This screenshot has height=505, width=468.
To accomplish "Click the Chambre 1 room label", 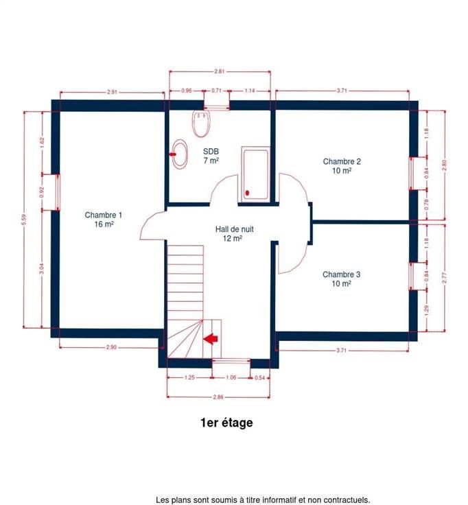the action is [104, 220].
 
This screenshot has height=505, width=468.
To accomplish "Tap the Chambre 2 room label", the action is [342, 166].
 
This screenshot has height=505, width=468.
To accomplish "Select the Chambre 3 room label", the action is [342, 279].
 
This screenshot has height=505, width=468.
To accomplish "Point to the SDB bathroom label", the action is [211, 156].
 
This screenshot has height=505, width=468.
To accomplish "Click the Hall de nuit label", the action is [234, 234].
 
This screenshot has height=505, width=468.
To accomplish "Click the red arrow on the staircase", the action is [211, 338].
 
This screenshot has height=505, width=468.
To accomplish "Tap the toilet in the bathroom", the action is [202, 124].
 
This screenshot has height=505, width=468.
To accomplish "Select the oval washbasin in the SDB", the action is [179, 154].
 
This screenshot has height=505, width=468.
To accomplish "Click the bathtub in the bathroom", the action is [255, 174].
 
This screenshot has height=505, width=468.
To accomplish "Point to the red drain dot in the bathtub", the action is [247, 193].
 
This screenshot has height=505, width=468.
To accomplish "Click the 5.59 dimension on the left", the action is [23, 220].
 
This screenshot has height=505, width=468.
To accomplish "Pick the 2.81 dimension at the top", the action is [220, 71].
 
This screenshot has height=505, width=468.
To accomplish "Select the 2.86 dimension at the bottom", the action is [218, 397].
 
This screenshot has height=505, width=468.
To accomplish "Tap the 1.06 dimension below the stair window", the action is [231, 377].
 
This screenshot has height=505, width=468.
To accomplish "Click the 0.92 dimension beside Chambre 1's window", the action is [42, 192].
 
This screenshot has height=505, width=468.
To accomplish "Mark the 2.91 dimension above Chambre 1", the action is [112, 92].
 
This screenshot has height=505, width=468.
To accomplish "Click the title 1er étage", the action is [226, 423].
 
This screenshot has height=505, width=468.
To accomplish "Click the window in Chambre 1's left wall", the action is [58, 193].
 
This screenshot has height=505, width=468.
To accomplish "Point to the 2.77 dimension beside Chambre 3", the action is [445, 278].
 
